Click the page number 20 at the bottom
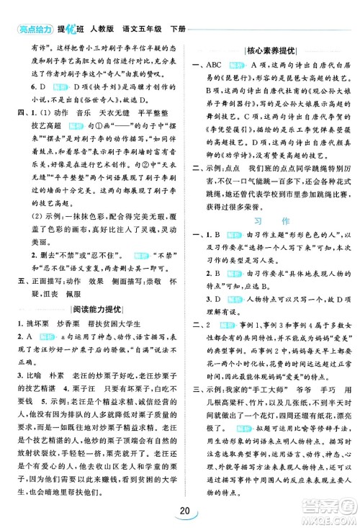(x=180, y=511)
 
